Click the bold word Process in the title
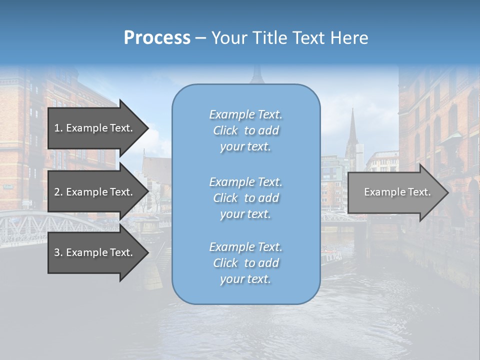157,38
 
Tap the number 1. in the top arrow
58,128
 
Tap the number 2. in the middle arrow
58,192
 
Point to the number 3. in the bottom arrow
58,252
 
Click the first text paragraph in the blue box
245,130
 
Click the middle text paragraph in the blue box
245,198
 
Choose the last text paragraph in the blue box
245,263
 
